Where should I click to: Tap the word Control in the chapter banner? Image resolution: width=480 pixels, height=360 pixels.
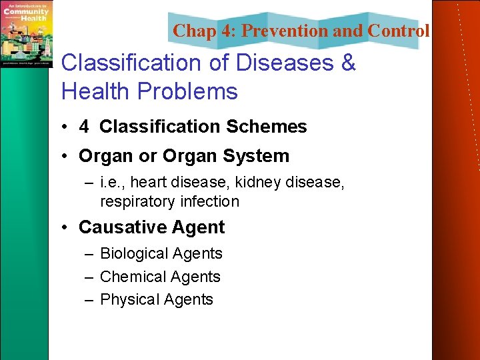pyautogui.click(x=398, y=31)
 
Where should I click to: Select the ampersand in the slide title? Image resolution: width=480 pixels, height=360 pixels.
pyautogui.click(x=348, y=63)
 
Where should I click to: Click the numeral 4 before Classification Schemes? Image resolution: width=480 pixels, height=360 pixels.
pyautogui.click(x=84, y=127)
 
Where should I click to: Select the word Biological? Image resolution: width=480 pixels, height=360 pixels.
pyautogui.click(x=134, y=253)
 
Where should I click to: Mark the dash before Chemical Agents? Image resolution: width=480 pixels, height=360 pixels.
pyautogui.click(x=89, y=277)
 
